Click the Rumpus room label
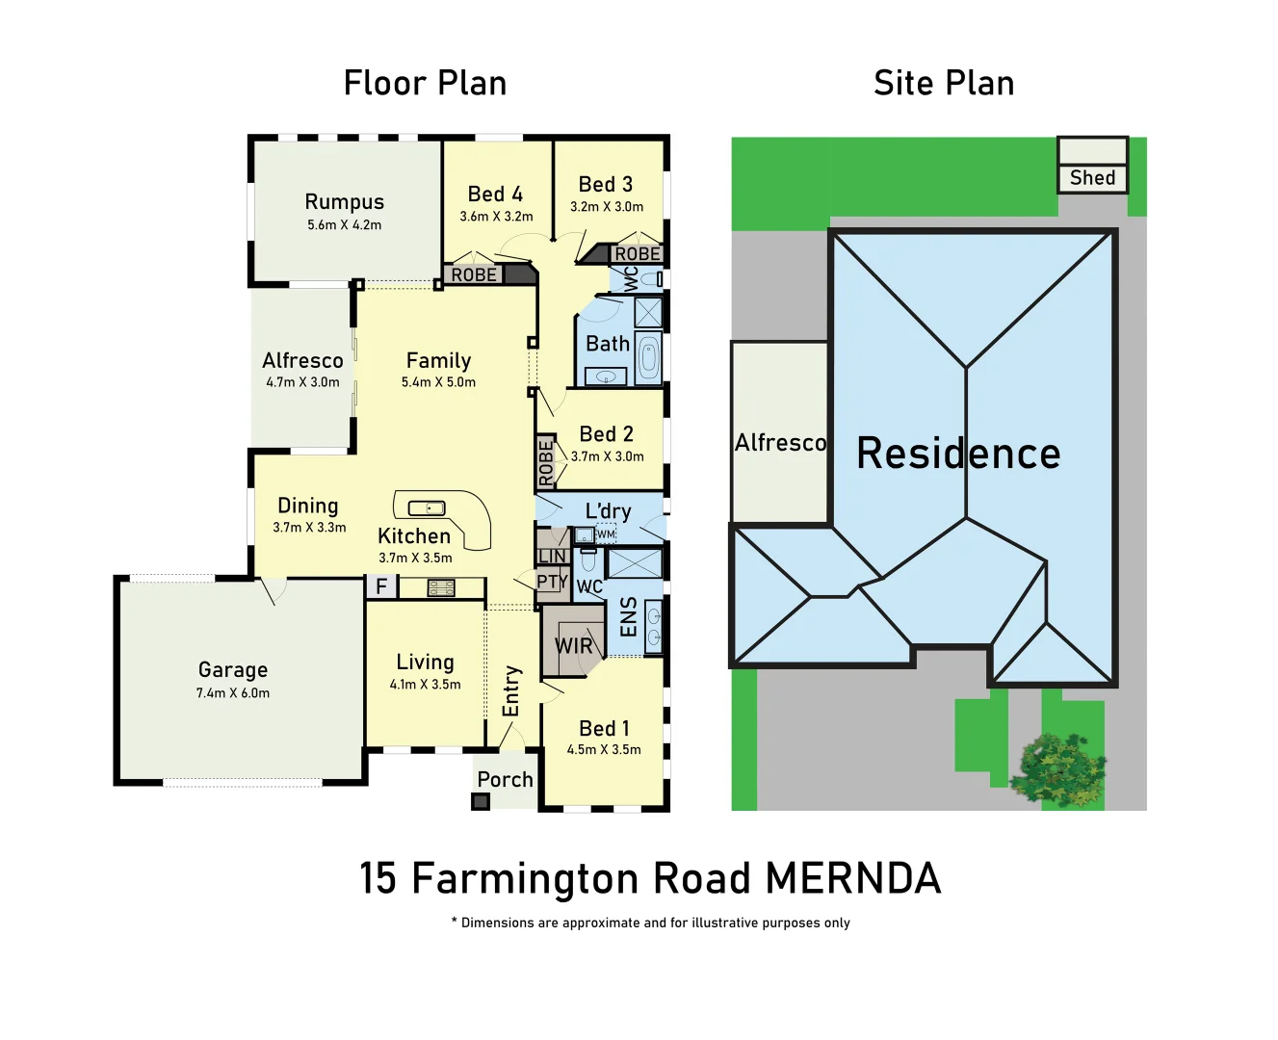coord(344,202)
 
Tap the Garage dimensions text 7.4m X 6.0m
coord(233,693)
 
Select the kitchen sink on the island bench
coord(426,508)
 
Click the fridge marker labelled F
coord(381,586)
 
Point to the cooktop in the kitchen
coord(441,587)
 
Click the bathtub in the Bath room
coord(649,359)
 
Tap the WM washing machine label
coord(605,534)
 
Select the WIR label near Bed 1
coord(574,646)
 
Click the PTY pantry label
coord(552,582)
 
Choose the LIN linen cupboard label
coord(552,557)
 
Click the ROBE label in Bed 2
coord(546,462)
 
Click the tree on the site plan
coord(1059,767)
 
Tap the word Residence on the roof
coord(958,454)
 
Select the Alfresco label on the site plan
coord(780,443)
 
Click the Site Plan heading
coord(944,84)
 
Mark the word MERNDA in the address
coord(853,879)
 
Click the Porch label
coord(505,780)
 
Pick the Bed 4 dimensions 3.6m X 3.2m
coord(496,217)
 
